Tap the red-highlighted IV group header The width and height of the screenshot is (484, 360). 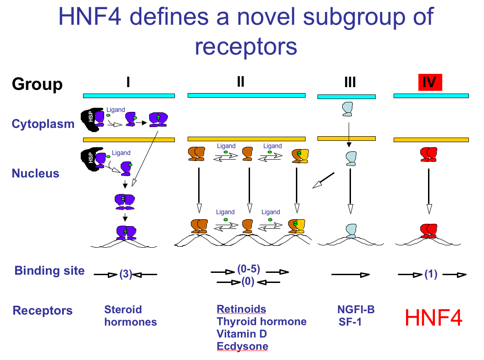[429, 83]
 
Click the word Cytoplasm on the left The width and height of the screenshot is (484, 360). [43, 124]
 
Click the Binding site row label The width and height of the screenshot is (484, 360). [50, 271]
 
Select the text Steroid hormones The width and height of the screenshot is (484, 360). [130, 316]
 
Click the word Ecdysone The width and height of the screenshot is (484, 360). [242, 346]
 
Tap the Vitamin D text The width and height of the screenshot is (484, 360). [242, 334]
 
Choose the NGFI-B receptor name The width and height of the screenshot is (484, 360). [356, 310]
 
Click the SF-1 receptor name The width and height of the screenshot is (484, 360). [350, 321]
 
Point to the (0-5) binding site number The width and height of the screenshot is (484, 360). [249, 269]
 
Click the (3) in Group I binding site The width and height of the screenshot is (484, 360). [126, 275]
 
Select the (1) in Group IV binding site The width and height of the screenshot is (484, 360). [431, 275]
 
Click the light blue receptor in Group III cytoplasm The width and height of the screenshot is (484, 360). [348, 109]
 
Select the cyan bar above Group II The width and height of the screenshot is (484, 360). [246, 95]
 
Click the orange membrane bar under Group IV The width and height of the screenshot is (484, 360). [431, 139]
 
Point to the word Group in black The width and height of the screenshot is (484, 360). [37, 84]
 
